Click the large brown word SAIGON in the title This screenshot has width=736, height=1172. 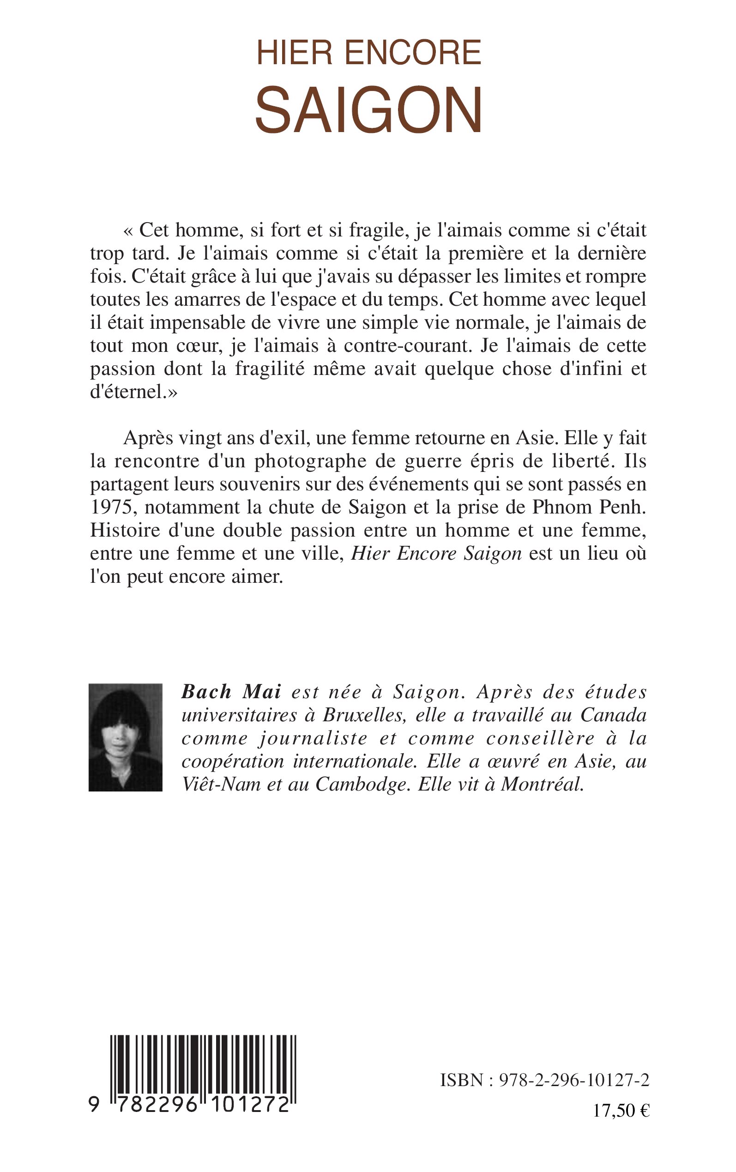click(x=368, y=110)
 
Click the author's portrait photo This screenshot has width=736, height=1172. click(x=126, y=737)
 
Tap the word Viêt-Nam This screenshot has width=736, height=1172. click(x=221, y=784)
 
